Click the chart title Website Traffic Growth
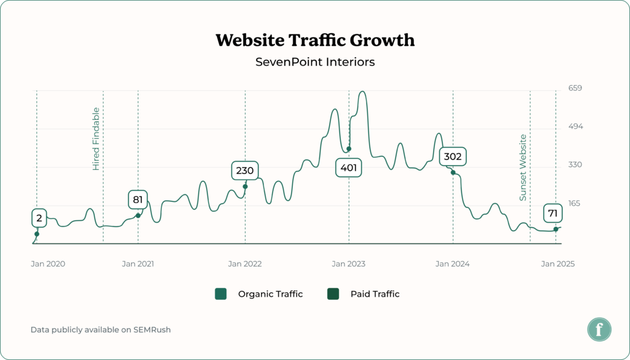(315, 41)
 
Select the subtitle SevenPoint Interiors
(315, 62)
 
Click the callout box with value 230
(245, 170)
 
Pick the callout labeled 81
(138, 199)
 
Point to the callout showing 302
(453, 156)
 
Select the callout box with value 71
(552, 214)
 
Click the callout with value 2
(39, 217)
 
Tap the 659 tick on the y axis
(575, 88)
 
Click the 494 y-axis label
(575, 126)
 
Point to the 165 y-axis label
(575, 203)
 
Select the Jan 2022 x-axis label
(245, 264)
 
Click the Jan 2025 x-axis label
(557, 264)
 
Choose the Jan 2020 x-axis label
(48, 264)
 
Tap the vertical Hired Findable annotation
(96, 138)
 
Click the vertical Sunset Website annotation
(523, 167)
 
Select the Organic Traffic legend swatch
(221, 294)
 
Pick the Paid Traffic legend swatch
(333, 294)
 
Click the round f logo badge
(599, 329)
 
